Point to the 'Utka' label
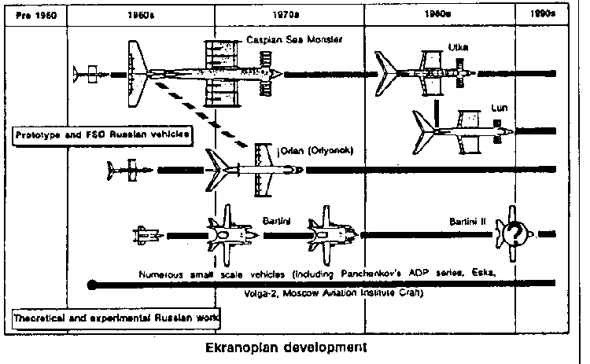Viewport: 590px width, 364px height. tap(458, 47)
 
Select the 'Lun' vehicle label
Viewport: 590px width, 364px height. tap(500, 105)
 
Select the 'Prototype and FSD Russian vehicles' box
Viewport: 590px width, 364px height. tap(104, 135)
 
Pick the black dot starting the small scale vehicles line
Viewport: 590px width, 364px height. tap(94, 284)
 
